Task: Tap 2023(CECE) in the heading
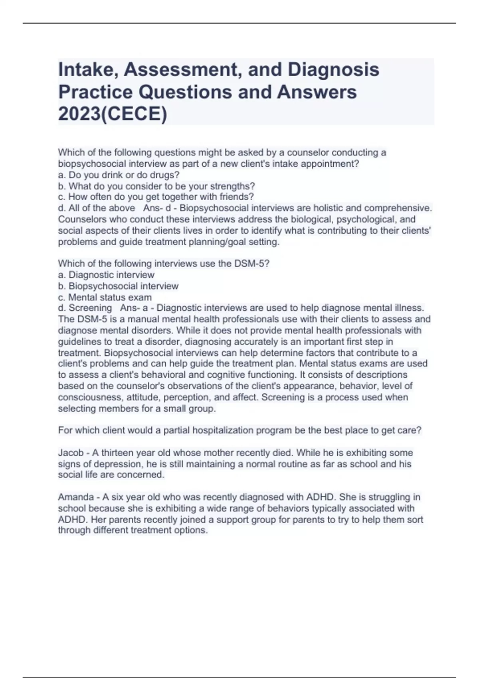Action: tap(113, 114)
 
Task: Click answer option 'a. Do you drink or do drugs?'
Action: tap(119, 175)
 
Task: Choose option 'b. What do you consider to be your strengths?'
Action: tap(156, 186)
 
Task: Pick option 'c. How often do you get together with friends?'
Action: tap(156, 197)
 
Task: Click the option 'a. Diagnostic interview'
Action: tap(106, 275)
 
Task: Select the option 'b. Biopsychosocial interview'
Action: tap(118, 286)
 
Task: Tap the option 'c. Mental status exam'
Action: tap(105, 297)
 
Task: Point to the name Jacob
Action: tap(71, 453)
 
